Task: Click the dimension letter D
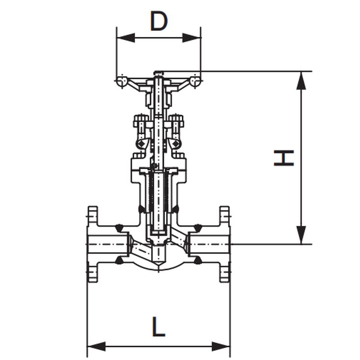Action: tap(159, 21)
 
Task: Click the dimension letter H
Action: tap(284, 158)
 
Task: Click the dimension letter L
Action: tap(158, 327)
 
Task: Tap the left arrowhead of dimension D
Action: tap(126, 38)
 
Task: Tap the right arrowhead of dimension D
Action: tap(192, 38)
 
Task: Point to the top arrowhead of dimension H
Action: tap(301, 81)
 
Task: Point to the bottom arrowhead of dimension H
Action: tap(301, 235)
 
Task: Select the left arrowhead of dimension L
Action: tap(97, 346)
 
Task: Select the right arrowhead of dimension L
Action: tap(220, 346)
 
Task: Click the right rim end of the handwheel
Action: tap(195, 81)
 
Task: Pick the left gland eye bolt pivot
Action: tap(140, 144)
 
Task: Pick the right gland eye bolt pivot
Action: tap(176, 144)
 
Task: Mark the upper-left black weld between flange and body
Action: tap(119, 228)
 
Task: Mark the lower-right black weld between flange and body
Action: tap(198, 261)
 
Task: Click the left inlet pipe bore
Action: tap(108, 244)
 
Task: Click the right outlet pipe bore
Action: tap(209, 244)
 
